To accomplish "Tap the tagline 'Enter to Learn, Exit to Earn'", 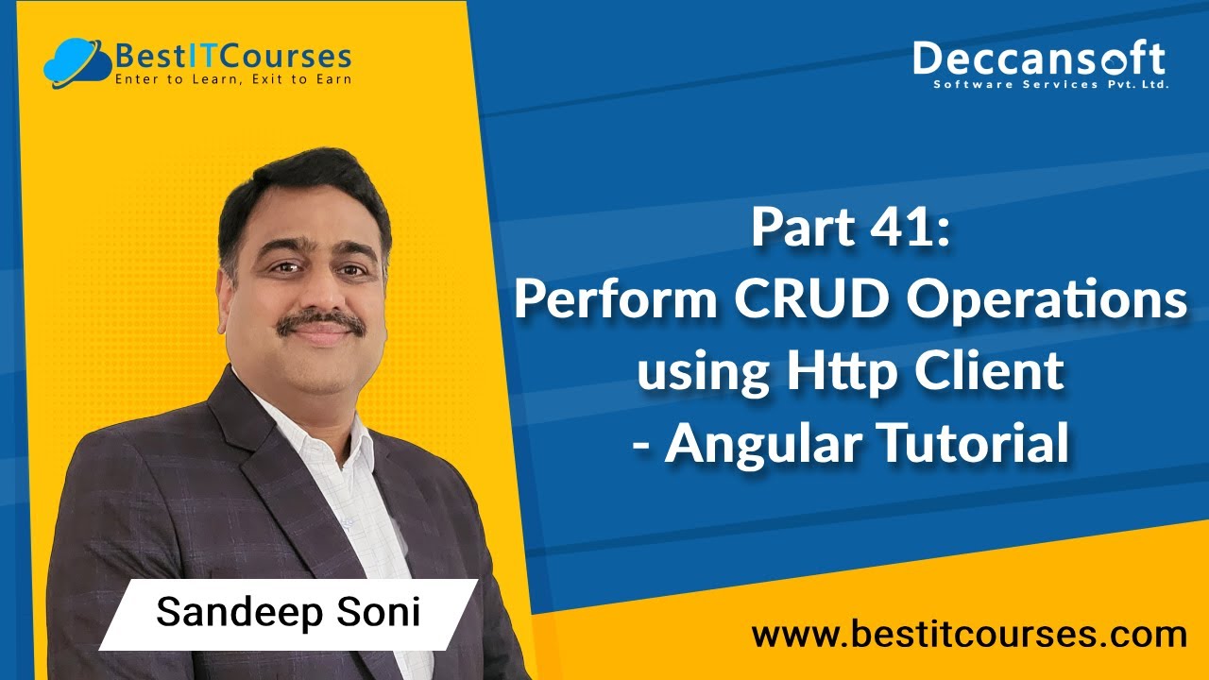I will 232,79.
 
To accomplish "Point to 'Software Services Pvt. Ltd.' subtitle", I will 1050,84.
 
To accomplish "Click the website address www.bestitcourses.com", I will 968,635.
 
